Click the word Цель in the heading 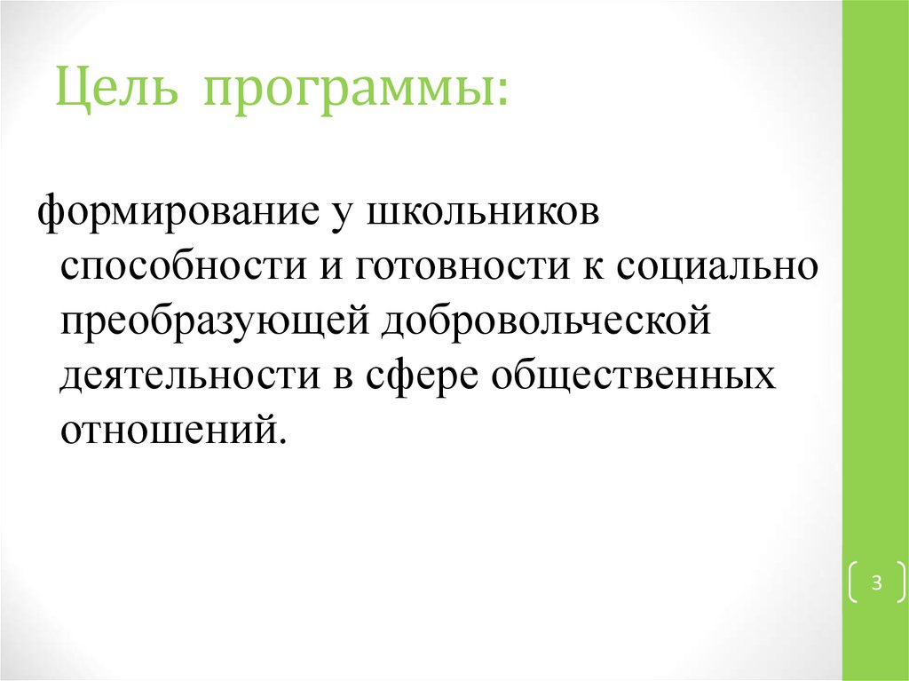tap(116, 91)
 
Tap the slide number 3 tap(876, 583)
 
